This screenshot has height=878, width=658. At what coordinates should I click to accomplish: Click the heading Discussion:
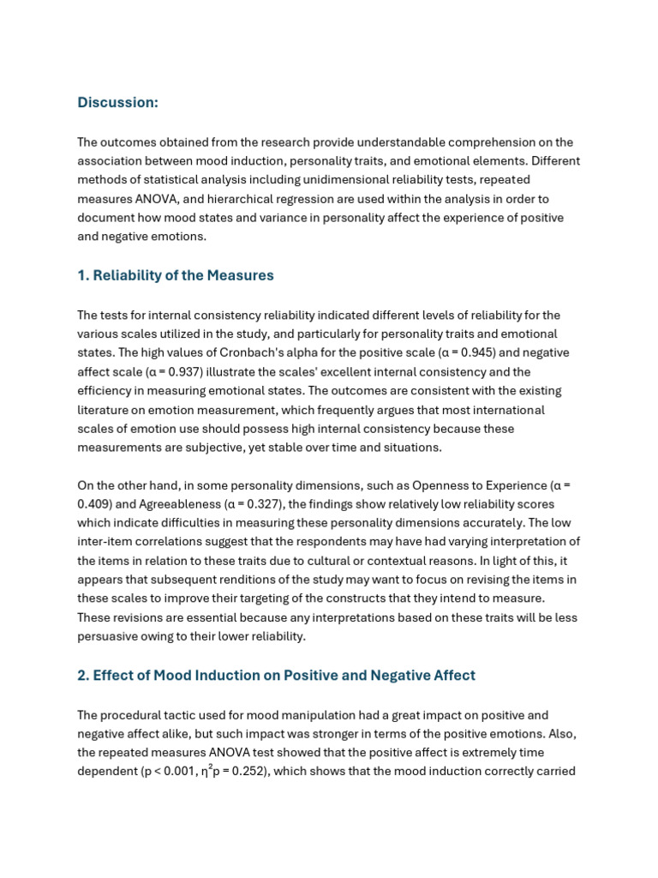117,103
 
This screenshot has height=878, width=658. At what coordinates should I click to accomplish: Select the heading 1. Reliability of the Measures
175,276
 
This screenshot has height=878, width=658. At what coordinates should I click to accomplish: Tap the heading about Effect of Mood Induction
276,676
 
